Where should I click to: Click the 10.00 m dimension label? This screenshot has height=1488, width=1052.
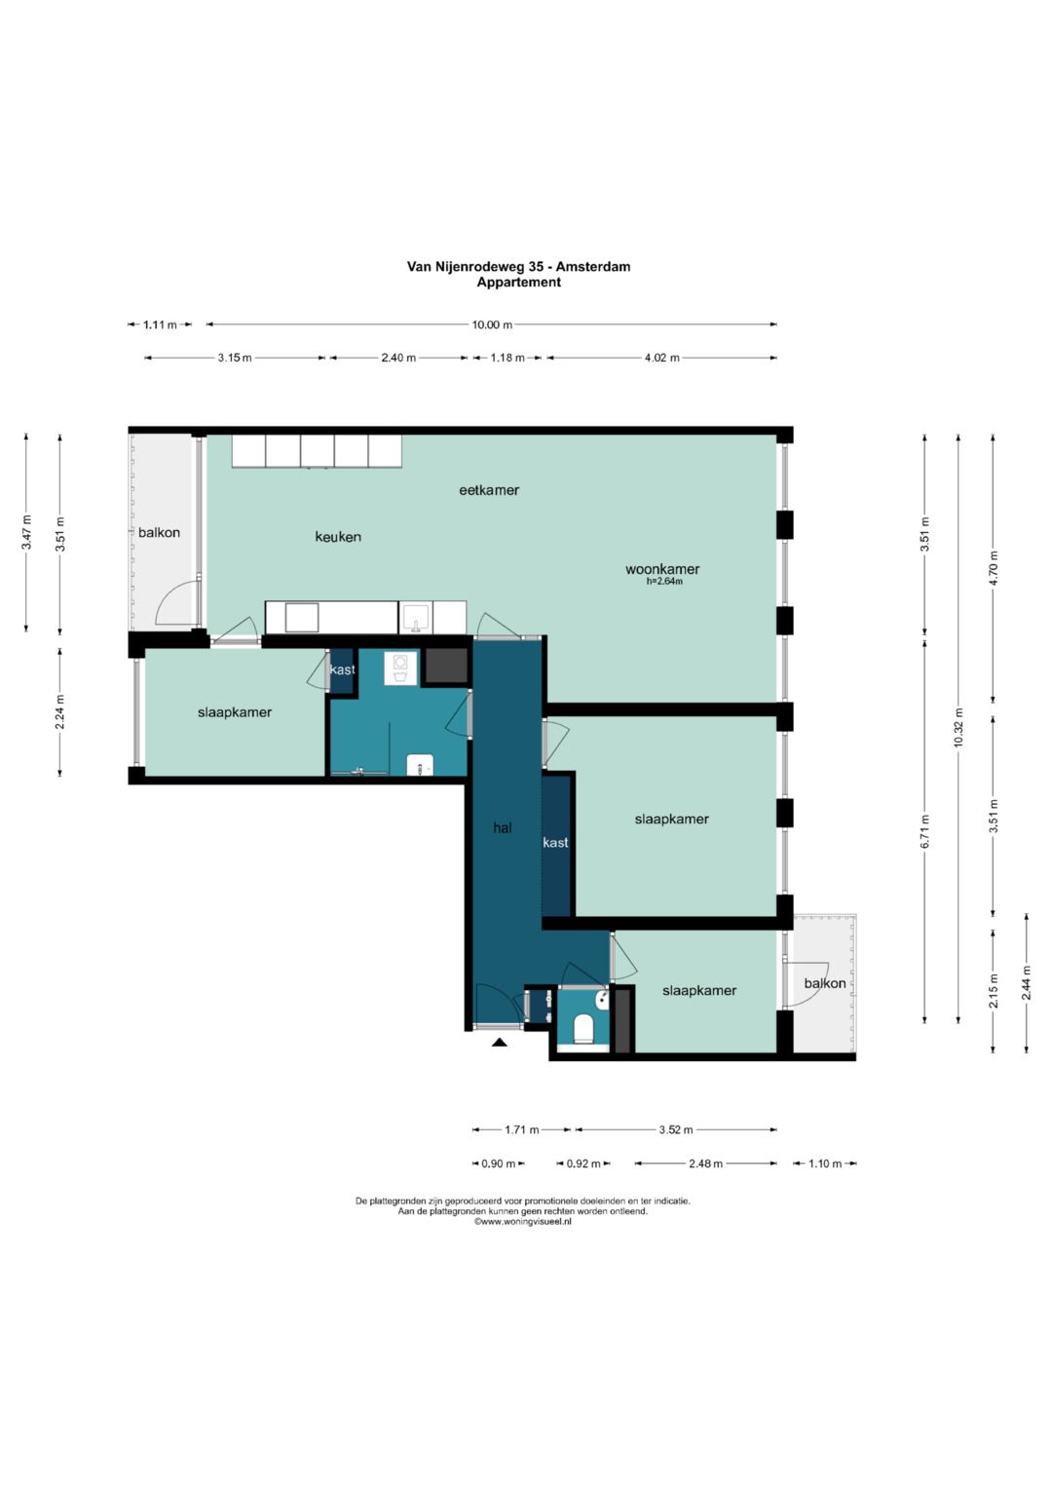pos(492,324)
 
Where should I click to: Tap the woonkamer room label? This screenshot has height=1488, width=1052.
pos(662,569)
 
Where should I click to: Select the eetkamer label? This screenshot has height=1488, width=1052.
pos(489,490)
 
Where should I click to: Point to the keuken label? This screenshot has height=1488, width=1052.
pos(338,537)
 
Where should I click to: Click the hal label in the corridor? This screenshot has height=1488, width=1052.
pos(503,827)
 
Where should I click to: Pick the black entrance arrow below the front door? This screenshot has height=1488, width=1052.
pos(500,1043)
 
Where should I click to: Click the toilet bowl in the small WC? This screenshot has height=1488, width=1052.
pos(582,1028)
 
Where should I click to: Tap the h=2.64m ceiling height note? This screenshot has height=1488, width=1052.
pos(664,581)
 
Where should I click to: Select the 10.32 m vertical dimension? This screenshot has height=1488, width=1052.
pos(958,727)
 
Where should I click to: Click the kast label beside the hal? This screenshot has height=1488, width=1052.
pos(555,842)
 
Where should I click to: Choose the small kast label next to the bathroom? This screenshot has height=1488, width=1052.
pos(343,669)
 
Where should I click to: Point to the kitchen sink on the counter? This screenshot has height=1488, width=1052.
pos(416,618)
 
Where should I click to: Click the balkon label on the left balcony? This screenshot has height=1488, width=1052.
pos(160,533)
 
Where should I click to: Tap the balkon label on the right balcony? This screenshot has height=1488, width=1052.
pos(825,983)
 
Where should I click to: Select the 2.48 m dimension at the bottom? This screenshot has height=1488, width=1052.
pos(705,1164)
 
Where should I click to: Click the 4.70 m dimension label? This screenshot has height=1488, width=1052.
pos(993,569)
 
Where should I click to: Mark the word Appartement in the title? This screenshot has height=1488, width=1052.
pos(518,283)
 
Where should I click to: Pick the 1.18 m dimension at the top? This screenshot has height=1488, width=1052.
pos(507,358)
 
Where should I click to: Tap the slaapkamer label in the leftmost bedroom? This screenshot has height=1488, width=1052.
pos(235,712)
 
